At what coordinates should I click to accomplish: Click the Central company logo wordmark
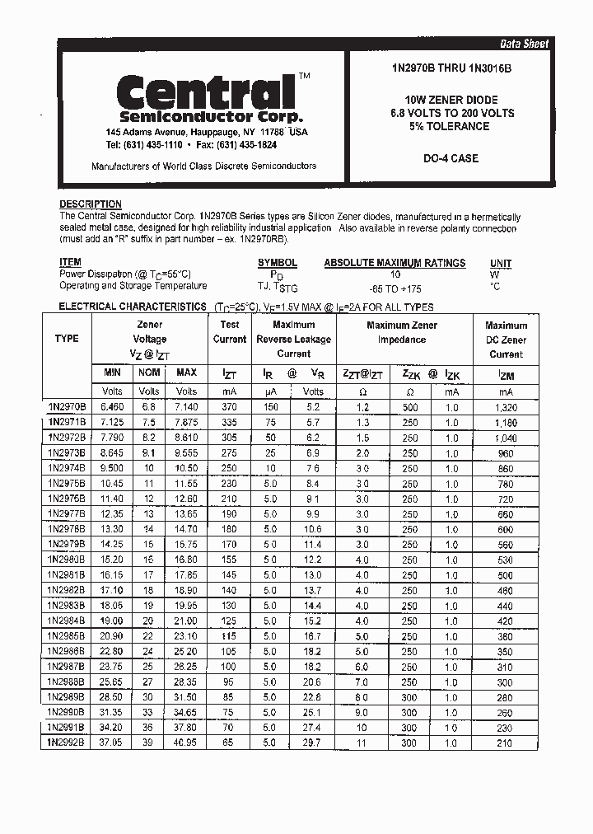point(205,91)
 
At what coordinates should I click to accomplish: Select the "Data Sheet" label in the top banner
point(524,44)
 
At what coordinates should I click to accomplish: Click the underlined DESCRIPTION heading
point(91,204)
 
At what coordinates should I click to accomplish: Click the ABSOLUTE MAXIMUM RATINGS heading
point(395,263)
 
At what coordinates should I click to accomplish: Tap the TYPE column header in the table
point(67,339)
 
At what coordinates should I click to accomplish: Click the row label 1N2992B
point(66,742)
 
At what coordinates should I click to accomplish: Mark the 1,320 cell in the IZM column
point(505,407)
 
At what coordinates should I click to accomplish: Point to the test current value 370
point(229,406)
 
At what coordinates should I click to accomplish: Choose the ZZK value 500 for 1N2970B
point(410,407)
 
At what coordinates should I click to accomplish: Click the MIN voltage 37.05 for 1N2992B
point(112,742)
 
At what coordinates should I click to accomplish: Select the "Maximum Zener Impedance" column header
point(402,332)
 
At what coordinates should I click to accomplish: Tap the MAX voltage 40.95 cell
point(186,742)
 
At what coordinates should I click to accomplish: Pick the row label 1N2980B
point(66,559)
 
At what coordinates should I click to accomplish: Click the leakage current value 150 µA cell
point(269,406)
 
